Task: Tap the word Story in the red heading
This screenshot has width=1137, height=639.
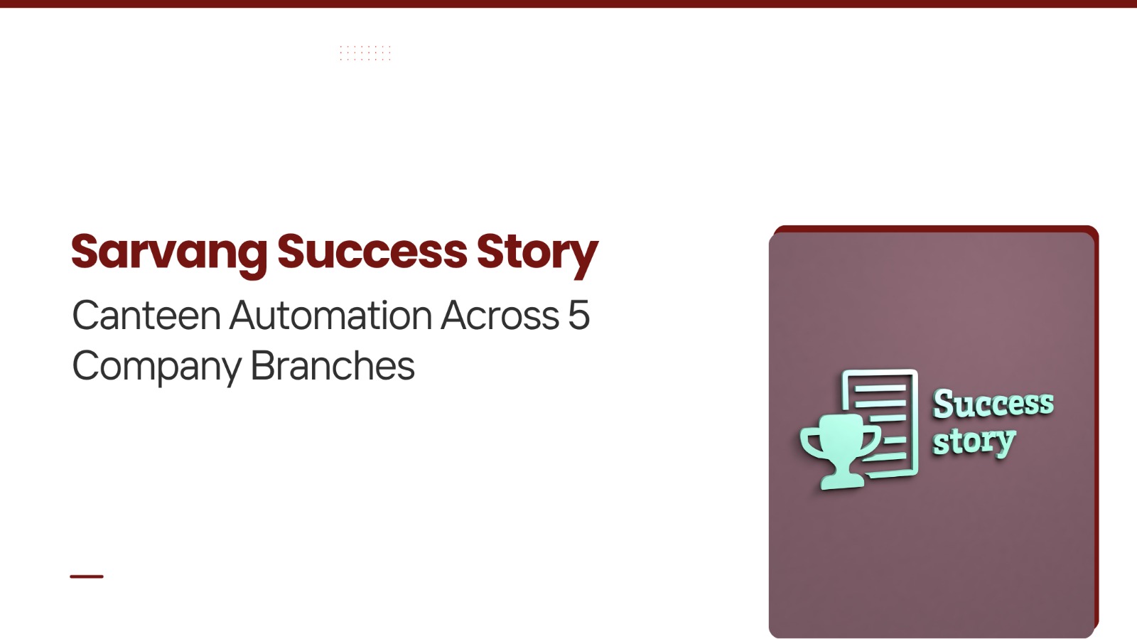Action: click(537, 253)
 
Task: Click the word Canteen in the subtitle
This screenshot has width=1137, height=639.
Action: click(146, 315)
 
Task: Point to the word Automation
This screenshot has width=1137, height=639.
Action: click(330, 315)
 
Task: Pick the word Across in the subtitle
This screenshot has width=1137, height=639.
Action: click(500, 315)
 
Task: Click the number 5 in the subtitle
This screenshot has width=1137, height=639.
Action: click(578, 315)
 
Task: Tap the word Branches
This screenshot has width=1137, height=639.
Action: click(333, 365)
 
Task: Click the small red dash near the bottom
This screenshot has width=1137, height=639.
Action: click(87, 576)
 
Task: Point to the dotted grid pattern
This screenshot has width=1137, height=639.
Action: click(365, 53)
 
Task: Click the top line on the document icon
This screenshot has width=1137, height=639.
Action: click(880, 389)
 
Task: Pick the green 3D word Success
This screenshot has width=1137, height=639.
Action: click(993, 404)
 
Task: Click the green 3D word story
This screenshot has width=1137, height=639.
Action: click(974, 442)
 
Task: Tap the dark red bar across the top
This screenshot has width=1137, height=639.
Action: click(568, 4)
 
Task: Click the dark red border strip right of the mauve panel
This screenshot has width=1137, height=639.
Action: click(1096, 431)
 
